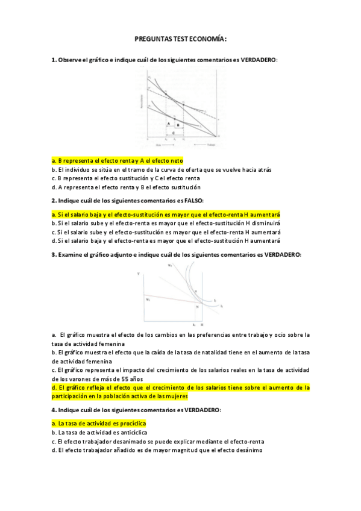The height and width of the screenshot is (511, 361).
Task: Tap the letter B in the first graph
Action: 178,124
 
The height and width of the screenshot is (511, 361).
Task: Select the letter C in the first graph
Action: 174,132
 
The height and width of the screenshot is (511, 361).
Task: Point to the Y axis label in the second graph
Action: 139,275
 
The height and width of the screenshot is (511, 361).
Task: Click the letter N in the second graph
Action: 196,306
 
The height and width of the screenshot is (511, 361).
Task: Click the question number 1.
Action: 54,60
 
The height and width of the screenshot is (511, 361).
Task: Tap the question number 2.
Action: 54,200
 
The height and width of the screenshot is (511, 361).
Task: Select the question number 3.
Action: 54,255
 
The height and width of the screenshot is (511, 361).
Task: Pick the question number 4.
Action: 54,410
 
